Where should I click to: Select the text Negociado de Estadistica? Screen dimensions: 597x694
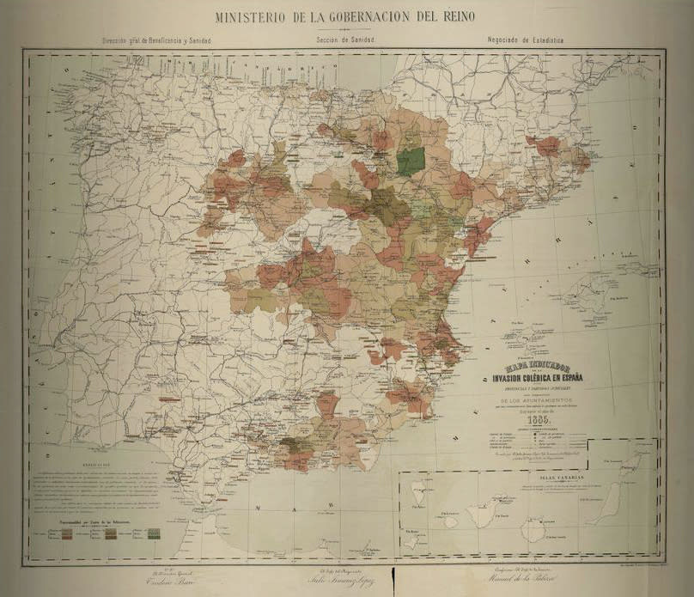pos(529,40)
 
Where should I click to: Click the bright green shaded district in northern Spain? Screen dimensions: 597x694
pos(412,161)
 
